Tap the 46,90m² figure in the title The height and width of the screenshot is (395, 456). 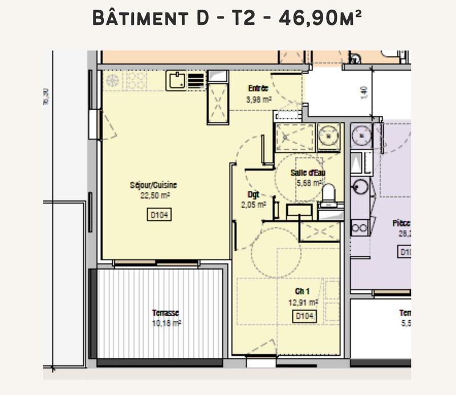320,19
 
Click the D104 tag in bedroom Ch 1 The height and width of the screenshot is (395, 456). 305,316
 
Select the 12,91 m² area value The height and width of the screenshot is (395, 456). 306,303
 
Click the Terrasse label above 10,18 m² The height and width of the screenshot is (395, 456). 166,313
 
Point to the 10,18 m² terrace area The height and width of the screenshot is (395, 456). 166,323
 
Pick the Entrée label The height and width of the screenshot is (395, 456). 258,88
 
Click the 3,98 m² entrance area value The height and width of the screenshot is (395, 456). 258,99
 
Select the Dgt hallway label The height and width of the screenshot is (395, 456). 254,194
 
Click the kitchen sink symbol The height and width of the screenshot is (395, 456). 176,80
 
